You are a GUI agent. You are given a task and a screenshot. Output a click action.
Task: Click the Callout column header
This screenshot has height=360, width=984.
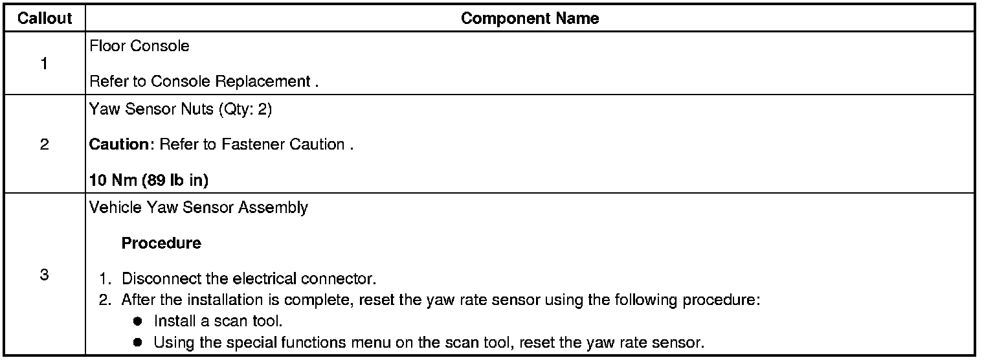44,19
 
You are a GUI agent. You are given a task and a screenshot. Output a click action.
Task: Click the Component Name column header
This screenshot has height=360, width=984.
530,19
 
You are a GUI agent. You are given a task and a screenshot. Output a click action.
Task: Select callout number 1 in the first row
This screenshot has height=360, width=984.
44,64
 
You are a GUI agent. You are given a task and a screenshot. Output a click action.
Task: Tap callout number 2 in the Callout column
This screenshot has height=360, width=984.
44,144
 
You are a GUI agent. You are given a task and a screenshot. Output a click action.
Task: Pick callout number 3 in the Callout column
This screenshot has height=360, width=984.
44,275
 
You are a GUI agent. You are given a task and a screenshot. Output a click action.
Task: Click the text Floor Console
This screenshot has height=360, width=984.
139,46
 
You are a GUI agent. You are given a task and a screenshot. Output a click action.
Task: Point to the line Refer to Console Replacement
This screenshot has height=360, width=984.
204,82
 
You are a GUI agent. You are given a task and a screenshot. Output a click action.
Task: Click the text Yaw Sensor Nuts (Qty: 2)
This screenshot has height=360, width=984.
181,110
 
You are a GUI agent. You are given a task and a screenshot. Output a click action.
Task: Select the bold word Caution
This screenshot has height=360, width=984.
119,145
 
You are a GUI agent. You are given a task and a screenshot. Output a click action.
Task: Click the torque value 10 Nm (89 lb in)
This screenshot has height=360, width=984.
148,181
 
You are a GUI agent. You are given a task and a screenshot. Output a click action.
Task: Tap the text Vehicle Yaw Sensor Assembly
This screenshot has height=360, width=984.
198,208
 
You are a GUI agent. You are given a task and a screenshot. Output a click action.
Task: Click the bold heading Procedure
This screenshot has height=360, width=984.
161,244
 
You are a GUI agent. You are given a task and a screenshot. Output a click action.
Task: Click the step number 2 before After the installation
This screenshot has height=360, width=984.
104,300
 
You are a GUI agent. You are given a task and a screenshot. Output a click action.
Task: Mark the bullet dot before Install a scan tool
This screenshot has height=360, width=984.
137,321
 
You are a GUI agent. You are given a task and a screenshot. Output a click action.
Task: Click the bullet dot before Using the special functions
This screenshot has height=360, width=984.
137,342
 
